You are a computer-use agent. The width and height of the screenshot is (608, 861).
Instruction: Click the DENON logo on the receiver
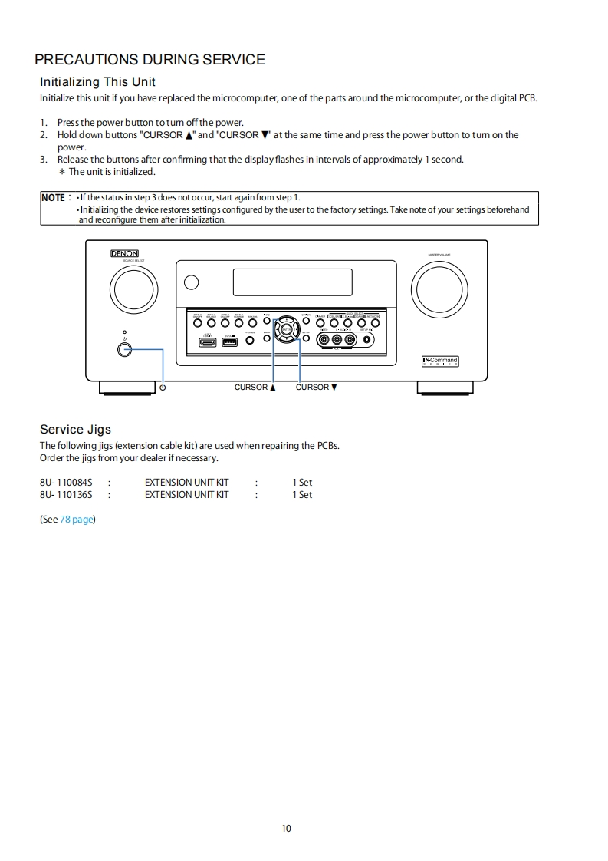[x=125, y=254]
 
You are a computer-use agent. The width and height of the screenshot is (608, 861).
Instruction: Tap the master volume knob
[x=439, y=289]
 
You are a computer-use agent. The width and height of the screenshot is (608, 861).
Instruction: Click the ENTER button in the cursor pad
[x=286, y=329]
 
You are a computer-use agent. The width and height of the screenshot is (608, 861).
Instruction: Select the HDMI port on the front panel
[x=208, y=341]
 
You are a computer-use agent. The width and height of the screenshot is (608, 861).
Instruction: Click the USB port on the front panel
[x=229, y=341]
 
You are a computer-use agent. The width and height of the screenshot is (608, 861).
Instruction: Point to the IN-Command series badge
[x=440, y=361]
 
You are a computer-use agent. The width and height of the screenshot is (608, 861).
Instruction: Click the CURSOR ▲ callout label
[x=255, y=387]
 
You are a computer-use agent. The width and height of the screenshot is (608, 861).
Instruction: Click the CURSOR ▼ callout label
[x=316, y=387]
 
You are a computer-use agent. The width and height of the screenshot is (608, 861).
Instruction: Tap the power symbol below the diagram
[x=163, y=387]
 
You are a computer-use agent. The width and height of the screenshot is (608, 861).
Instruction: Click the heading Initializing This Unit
[x=97, y=81]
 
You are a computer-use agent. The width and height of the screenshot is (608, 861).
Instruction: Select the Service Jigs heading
[x=75, y=430]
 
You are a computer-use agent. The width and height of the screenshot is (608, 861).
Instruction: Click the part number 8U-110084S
[x=66, y=483]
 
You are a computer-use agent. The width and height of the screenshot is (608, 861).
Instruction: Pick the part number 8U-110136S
[x=66, y=495]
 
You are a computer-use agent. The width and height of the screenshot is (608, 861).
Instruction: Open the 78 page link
[x=77, y=520]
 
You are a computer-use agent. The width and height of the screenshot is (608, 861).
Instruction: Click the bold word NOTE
[x=53, y=197]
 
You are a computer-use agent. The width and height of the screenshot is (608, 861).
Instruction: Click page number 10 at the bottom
[x=287, y=828]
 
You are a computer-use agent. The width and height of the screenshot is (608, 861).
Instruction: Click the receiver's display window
[x=292, y=282]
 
